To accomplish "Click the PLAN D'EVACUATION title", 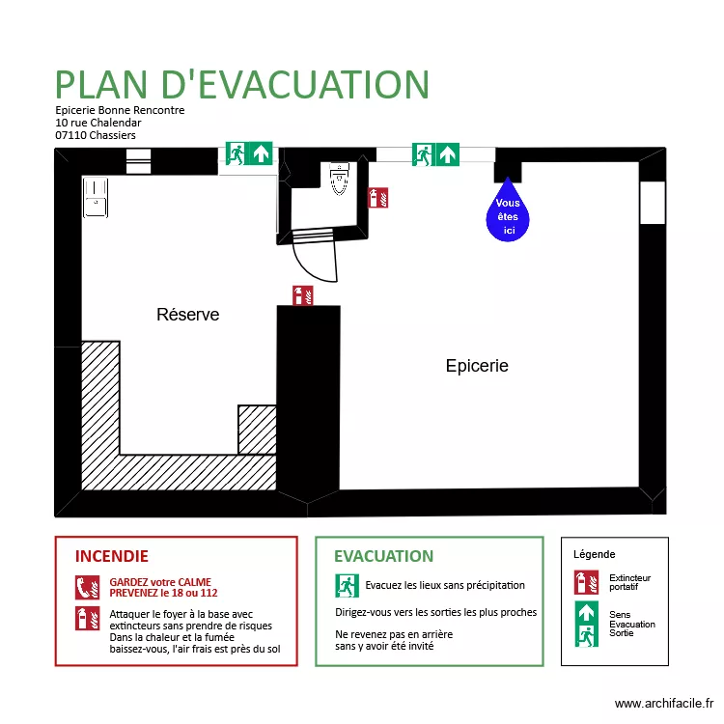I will (x=241, y=85).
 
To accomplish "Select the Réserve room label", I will (x=187, y=315).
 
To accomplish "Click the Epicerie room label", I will (x=477, y=366).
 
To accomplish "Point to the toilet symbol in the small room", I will (x=339, y=180).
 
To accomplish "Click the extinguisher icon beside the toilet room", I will (x=379, y=198).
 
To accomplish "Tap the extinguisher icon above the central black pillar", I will (x=303, y=295).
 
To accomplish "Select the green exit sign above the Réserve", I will (x=249, y=153).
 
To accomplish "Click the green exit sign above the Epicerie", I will (x=435, y=154).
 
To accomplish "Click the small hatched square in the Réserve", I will (x=257, y=429).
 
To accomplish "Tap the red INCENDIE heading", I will (x=112, y=557).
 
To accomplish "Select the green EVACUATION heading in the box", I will (x=383, y=557).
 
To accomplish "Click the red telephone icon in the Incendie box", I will (x=88, y=586).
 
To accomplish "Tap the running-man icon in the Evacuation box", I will (x=347, y=585).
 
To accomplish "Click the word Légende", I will (x=594, y=554).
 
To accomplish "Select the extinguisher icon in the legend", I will (x=586, y=582).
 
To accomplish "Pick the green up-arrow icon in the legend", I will (x=586, y=612).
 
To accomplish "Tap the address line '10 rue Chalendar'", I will (x=98, y=123).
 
